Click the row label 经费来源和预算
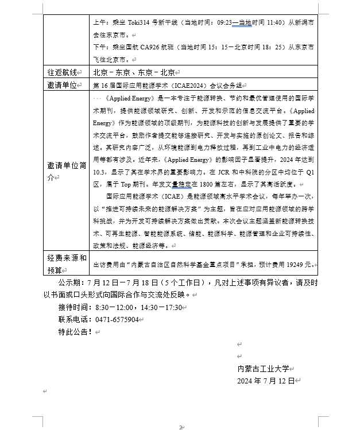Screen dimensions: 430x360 pyautogui.click(x=67, y=264)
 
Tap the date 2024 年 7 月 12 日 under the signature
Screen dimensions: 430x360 pyautogui.click(x=266, y=380)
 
